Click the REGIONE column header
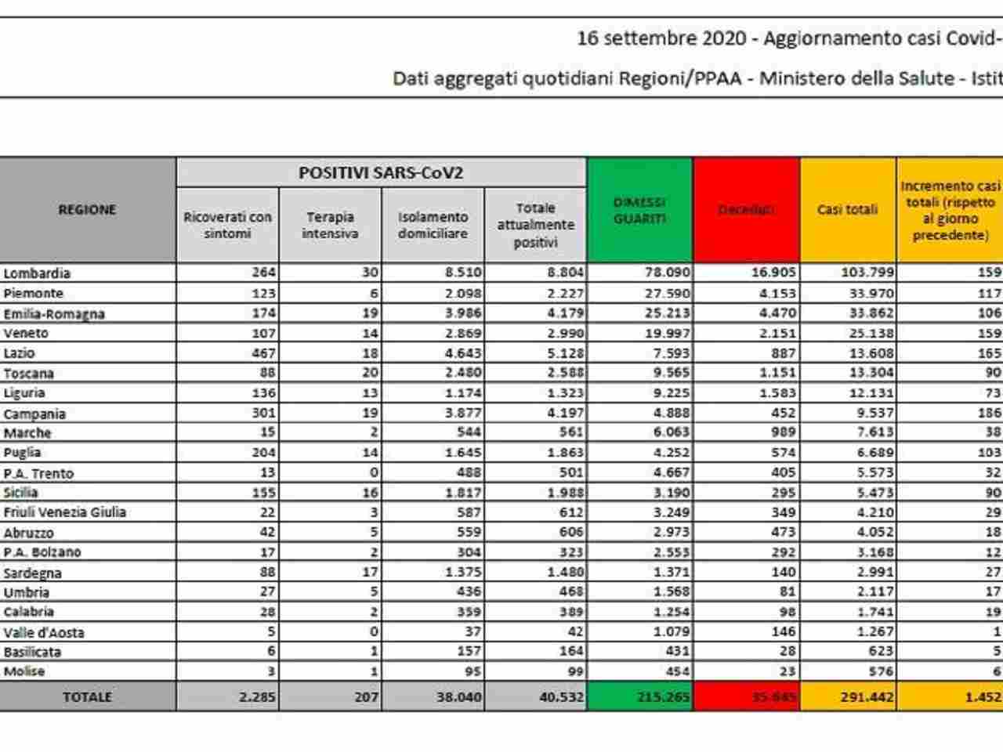tap(87, 210)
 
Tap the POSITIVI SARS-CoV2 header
tap(381, 173)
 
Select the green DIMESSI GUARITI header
tap(639, 210)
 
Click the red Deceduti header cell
tap(746, 210)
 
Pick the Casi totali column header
tap(847, 210)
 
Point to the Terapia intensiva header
tap(330, 225)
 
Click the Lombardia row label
tap(37, 273)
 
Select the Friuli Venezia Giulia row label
tap(65, 512)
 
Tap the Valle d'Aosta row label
tap(44, 632)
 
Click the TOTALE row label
tap(87, 696)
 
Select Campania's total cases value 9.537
tap(870, 413)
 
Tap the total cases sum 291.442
tap(867, 696)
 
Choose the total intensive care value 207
tap(366, 696)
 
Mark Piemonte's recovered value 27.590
tap(665, 293)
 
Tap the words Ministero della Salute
tap(856, 78)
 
